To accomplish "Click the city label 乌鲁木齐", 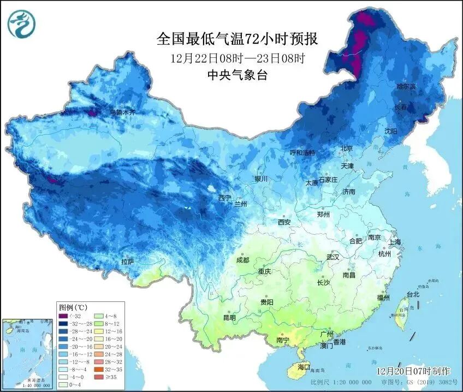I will [x=122, y=112].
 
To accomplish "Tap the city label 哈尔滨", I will [x=406, y=87].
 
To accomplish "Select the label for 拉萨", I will [x=128, y=262].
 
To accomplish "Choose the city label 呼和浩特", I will [x=302, y=152].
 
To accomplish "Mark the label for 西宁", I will [x=225, y=198].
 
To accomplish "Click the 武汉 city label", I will [x=333, y=257].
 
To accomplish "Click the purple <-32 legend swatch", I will [x=63, y=316].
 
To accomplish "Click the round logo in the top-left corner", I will [x=20, y=23].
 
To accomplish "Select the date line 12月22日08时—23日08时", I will [x=237, y=58].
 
